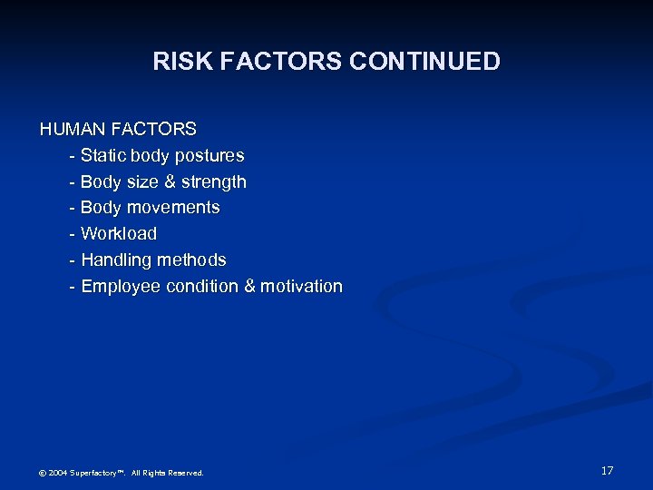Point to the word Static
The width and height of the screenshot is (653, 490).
coord(105,156)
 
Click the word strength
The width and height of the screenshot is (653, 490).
coord(213,182)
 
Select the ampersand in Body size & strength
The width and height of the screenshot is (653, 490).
coord(169,182)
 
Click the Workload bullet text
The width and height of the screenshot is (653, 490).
coord(119,234)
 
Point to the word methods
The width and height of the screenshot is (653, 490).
coord(191,260)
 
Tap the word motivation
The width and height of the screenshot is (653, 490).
coord(301,287)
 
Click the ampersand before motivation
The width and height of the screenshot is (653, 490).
coord(249,287)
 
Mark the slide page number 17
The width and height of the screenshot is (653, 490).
coord(607,471)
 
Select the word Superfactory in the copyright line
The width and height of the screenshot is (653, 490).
coord(96,473)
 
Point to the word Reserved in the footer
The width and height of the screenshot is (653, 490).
coord(185,473)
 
